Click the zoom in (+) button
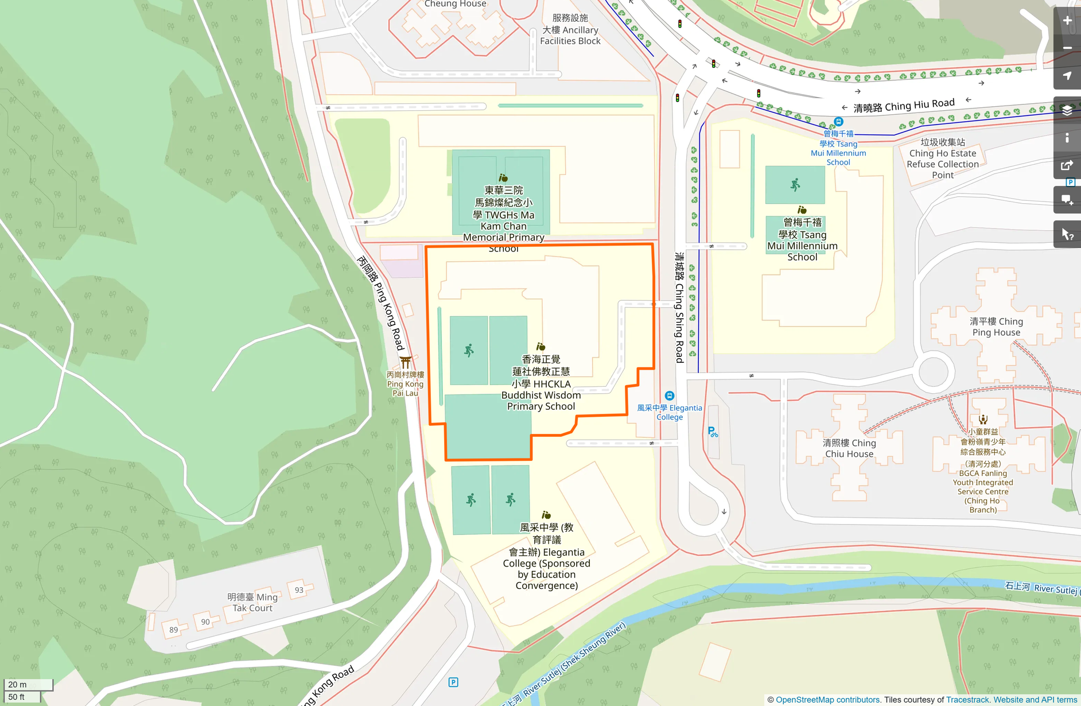click(1067, 21)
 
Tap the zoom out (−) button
click(1067, 48)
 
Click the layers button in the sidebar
click(1067, 110)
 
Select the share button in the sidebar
click(1067, 165)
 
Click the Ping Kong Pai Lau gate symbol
click(406, 362)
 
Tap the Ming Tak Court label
click(252, 602)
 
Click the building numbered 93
click(299, 590)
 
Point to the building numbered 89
click(173, 630)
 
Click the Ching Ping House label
click(996, 327)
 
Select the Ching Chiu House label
click(849, 448)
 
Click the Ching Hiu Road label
click(904, 106)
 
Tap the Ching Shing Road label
click(679, 307)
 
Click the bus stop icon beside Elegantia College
click(669, 395)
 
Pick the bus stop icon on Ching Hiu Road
click(838, 122)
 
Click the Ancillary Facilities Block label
click(570, 30)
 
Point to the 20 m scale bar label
click(18, 684)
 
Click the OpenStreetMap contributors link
click(827, 700)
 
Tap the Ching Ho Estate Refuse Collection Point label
click(943, 158)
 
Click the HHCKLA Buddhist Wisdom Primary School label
click(540, 382)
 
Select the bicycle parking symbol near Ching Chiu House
click(712, 432)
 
